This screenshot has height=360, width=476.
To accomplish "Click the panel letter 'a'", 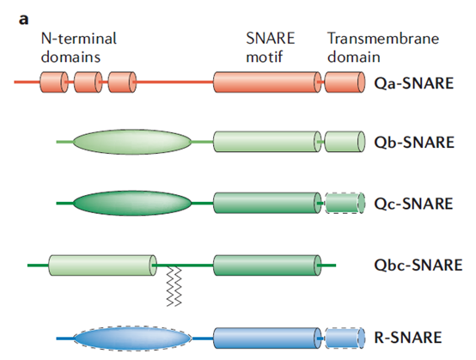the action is click(24, 20).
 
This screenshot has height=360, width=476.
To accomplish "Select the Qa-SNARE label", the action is click(414, 82).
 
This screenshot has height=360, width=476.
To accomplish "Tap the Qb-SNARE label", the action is click(414, 142).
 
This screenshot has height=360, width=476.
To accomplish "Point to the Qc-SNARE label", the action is click(413, 204).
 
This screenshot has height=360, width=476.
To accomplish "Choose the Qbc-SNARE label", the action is click(418, 265).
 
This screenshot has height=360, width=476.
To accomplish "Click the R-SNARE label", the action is click(408, 338).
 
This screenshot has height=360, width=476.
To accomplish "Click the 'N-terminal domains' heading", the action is click(79, 47).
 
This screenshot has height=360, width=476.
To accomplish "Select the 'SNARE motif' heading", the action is click(270, 47).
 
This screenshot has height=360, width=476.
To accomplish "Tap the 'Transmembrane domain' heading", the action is click(383, 47).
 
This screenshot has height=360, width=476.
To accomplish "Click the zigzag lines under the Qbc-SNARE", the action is click(174, 286).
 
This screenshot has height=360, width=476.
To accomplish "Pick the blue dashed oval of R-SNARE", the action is click(132, 339).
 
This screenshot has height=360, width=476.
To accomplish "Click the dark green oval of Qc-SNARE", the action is click(132, 203).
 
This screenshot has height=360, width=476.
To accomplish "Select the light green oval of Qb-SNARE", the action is click(132, 142).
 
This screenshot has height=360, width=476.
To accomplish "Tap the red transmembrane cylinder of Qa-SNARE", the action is click(345, 82).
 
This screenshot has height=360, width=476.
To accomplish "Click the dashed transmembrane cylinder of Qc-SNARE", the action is click(345, 203).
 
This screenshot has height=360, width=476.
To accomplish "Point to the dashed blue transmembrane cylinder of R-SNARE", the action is click(345, 339).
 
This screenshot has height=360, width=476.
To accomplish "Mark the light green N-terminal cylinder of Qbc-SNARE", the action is click(102, 265).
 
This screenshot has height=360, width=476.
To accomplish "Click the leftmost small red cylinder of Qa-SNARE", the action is click(54, 82).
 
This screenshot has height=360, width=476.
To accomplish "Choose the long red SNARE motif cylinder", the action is click(267, 82).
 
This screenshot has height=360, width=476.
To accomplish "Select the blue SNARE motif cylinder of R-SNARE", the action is click(267, 339).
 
